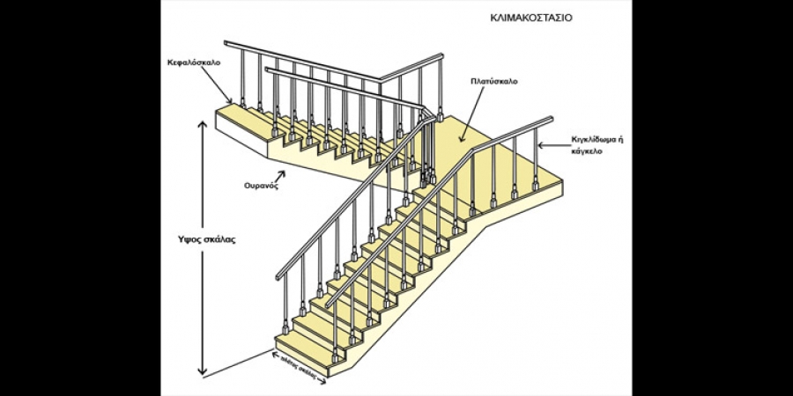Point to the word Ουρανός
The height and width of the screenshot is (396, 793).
pos(262,187)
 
